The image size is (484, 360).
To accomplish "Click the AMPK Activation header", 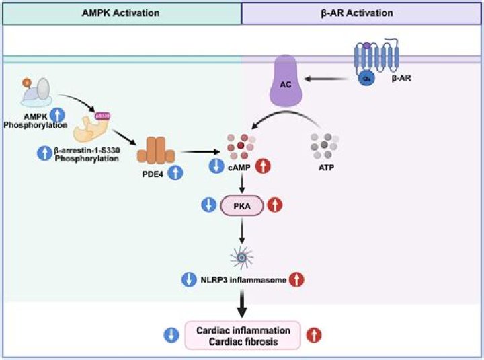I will [121, 12].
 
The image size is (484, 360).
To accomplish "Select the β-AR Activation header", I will [362, 12].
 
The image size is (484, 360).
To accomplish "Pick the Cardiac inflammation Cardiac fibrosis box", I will [243, 336].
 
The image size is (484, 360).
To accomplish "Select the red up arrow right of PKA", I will [275, 205].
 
